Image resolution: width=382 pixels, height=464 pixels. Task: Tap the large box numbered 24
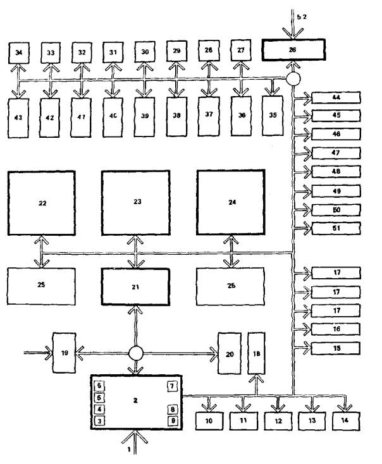pyautogui.click(x=231, y=203)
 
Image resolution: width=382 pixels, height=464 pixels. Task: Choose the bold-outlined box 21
pyautogui.click(x=136, y=286)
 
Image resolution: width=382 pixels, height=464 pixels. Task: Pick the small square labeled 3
pyautogui.click(x=100, y=420)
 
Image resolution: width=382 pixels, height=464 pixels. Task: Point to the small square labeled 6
pyautogui.click(x=100, y=386)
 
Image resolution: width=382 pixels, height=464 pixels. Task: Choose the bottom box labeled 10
pyautogui.click(x=209, y=419)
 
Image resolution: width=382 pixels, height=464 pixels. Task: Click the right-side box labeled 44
pyautogui.click(x=335, y=97)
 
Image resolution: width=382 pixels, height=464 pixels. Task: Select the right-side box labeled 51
pyautogui.click(x=335, y=228)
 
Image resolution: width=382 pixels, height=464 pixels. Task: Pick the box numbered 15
pyautogui.click(x=335, y=347)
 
